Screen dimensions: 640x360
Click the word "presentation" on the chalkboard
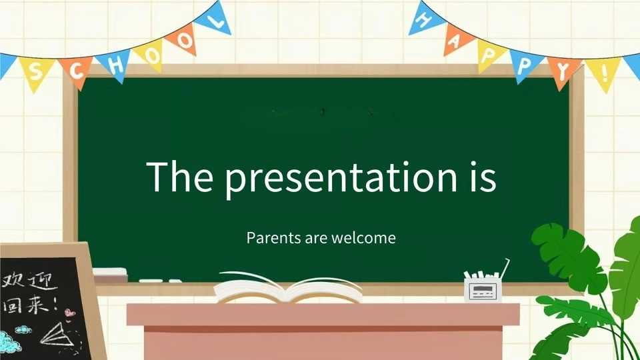[x=341, y=179]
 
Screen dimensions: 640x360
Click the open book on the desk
[x=288, y=288]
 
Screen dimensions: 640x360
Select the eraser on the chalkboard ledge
[x=110, y=275]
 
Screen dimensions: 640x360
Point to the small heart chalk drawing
[x=70, y=313]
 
